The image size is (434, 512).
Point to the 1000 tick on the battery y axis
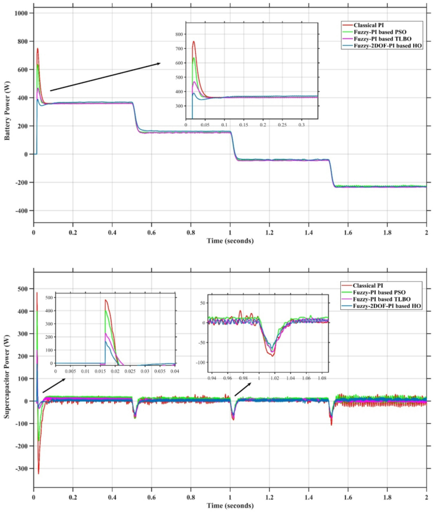tap(20, 13)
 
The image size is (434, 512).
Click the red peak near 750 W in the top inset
tap(194, 42)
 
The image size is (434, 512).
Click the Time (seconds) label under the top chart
tap(230, 241)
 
